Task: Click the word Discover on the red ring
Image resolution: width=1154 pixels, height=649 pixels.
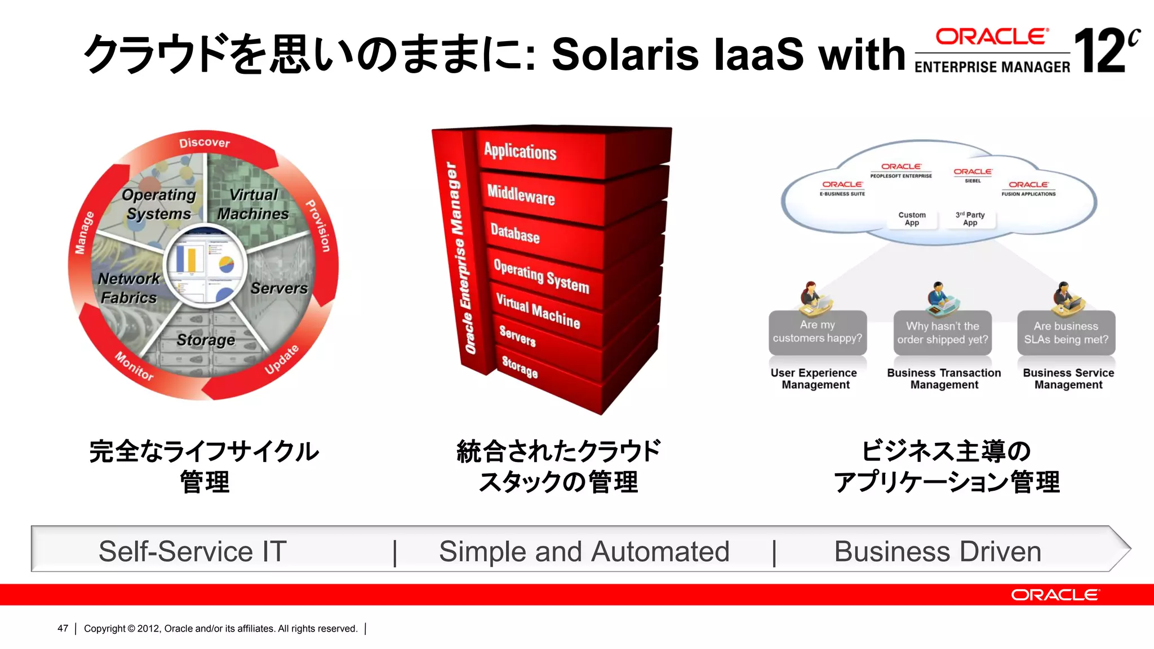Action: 205,143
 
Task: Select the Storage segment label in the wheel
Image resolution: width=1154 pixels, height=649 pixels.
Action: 206,340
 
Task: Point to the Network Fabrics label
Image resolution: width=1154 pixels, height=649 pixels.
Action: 128,288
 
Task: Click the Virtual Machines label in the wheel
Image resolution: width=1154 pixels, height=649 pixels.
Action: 253,204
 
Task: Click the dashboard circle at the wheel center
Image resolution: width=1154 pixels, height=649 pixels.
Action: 205,265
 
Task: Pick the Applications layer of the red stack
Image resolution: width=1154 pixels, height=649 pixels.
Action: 520,152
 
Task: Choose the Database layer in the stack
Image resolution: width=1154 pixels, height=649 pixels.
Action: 515,233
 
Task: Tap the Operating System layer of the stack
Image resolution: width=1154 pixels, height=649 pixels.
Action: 541,276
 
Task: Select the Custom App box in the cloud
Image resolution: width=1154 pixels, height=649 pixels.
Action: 912,219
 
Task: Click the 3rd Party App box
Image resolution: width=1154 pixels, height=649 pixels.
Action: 970,219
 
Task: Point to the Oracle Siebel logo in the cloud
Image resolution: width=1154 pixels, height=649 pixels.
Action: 973,175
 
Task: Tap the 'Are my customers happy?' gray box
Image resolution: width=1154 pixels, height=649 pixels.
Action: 818,332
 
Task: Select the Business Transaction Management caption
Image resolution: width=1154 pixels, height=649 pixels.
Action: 944,379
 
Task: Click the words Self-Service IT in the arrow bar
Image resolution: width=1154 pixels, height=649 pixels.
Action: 193,551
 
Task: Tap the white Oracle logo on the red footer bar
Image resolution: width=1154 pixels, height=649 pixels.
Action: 1054,595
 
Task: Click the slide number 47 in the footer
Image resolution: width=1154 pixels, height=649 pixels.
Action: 63,628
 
